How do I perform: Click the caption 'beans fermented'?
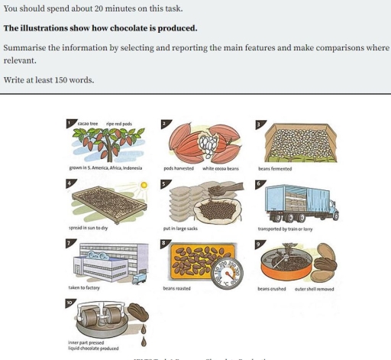click(x=275, y=168)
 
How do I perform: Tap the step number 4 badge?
click(x=70, y=183)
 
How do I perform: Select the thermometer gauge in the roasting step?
click(x=232, y=273)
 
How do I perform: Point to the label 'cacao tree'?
click(x=88, y=123)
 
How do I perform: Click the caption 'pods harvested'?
click(x=179, y=168)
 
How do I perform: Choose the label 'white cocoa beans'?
click(x=221, y=168)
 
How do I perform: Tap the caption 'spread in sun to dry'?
click(x=88, y=228)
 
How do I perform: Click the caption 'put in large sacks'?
click(x=180, y=228)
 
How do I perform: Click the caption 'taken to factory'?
click(x=84, y=288)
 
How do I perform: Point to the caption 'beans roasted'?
click(x=176, y=288)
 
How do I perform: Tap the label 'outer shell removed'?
click(x=314, y=289)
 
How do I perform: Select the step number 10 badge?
click(x=71, y=303)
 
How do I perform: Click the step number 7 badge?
click(x=70, y=243)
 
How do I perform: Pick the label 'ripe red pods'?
click(x=119, y=123)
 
